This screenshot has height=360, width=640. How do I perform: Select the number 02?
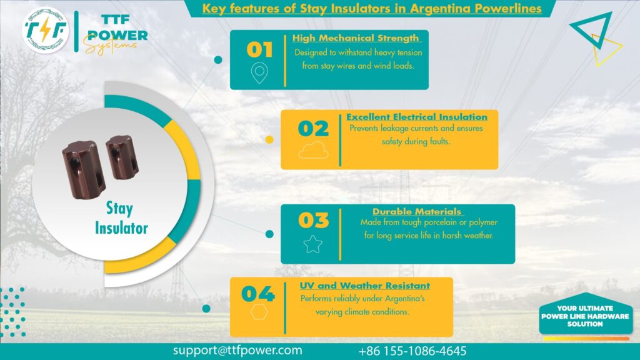click(313, 129)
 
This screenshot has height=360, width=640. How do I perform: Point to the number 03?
click(313, 221)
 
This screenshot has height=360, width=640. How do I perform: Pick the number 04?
click(257, 293)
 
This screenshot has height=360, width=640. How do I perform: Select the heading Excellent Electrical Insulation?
click(416, 117)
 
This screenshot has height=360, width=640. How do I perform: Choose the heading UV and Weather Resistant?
click(364, 286)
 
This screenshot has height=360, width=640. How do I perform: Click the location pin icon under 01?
click(259, 74)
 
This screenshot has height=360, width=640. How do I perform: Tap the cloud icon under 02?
click(313, 150)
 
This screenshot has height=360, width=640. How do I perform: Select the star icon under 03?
click(312, 243)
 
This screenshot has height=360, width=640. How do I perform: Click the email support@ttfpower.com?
click(237, 351)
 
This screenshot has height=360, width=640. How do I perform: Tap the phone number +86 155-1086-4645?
click(412, 351)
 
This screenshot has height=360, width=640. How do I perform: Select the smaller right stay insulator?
click(118, 156)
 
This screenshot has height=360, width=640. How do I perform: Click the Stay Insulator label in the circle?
click(121, 217)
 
